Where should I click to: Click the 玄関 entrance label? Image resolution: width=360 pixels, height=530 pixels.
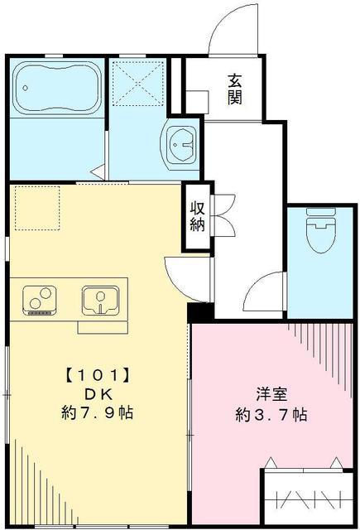[x=236, y=89]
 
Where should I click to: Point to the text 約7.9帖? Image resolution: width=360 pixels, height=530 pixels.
[x=98, y=412]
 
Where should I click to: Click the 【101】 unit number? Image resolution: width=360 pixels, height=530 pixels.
[x=98, y=374]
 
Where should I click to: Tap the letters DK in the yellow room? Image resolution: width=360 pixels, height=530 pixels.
[x=98, y=393]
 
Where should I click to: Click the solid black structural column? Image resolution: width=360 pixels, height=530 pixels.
[x=199, y=313]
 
